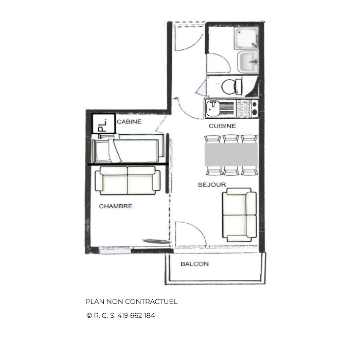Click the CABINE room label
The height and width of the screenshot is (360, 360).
click(129, 122)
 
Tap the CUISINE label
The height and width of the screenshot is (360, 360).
click(222, 126)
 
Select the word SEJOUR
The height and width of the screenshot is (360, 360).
click(212, 184)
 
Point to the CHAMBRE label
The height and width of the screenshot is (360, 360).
click(116, 206)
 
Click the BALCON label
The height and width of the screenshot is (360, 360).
click(194, 264)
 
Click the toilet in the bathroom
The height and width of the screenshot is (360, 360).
click(232, 86)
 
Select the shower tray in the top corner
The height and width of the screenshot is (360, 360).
click(246, 38)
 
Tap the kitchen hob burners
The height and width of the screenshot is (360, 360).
click(254, 109)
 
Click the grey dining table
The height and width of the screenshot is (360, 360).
click(231, 154)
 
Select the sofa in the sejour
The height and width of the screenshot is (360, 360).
click(239, 215)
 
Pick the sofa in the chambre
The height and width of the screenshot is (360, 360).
click(128, 181)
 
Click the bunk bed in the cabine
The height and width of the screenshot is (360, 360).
click(128, 149)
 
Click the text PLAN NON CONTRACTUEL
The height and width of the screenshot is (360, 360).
click(131, 301)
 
